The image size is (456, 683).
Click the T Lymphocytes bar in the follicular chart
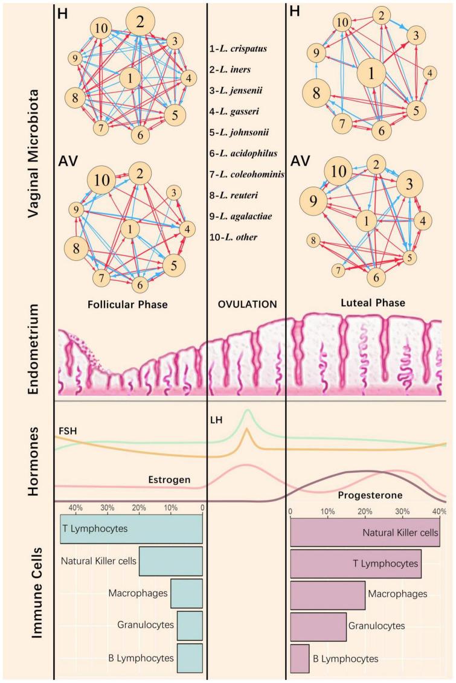tap(131, 528)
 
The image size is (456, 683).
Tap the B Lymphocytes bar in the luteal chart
tap(300, 658)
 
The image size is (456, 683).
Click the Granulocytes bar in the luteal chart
tap(318, 626)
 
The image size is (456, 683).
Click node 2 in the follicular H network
tap(140, 23)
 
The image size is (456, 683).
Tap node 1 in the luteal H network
tap(372, 74)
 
